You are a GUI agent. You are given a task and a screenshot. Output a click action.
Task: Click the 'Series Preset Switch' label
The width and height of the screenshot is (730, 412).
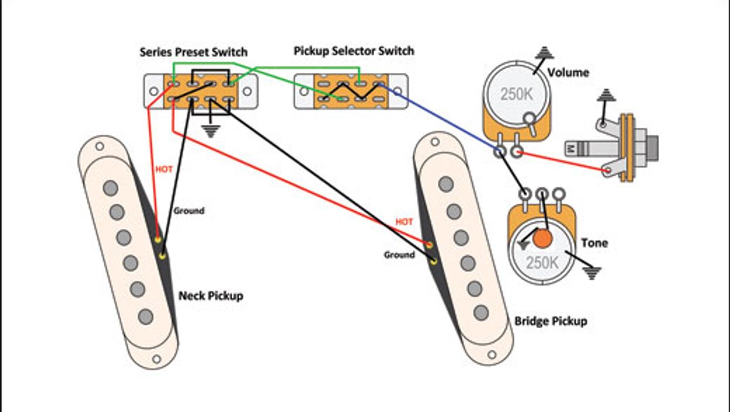(193, 52)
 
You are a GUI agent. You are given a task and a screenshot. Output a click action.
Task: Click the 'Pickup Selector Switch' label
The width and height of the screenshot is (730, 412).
(354, 51)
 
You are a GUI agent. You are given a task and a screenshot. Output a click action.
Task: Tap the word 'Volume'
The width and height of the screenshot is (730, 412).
(568, 73)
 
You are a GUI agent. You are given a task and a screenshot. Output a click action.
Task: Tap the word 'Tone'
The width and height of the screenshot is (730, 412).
(594, 243)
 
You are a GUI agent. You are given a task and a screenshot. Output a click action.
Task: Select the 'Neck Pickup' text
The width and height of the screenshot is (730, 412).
(210, 295)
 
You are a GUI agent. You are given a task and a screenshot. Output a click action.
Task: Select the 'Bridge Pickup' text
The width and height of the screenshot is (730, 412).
(551, 321)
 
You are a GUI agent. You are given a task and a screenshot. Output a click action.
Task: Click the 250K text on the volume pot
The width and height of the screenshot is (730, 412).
(517, 94)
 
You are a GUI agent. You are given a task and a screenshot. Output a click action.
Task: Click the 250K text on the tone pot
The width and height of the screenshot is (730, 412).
(542, 262)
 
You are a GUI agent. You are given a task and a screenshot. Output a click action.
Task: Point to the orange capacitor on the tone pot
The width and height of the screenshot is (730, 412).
(543, 238)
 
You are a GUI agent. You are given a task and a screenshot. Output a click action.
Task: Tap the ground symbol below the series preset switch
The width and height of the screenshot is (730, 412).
(210, 130)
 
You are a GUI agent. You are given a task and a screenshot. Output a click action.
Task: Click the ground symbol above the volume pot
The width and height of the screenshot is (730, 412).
(545, 52)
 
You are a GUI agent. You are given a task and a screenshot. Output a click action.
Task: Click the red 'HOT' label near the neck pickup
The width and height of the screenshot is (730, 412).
(164, 169)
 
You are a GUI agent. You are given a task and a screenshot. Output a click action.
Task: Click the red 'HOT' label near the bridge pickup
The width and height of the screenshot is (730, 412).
(404, 222)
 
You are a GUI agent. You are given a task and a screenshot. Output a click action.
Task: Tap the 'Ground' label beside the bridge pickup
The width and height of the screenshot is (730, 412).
(399, 255)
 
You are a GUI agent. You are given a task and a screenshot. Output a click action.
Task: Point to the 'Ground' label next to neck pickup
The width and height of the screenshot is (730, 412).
(189, 210)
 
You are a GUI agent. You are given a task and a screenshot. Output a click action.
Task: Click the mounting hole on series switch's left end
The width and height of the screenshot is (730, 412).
(154, 92)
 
